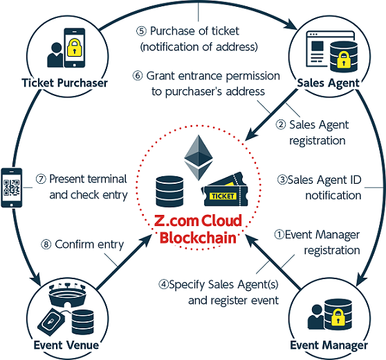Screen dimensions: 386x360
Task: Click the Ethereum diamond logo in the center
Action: (x=199, y=158)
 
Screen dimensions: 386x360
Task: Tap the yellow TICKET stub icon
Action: (x=224, y=189)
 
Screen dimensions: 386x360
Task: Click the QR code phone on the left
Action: (x=12, y=188)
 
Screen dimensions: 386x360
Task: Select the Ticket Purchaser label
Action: (x=64, y=83)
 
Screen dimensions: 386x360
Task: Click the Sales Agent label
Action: (x=328, y=83)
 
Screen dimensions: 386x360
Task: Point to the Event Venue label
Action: (x=66, y=345)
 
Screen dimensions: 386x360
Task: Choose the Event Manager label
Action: (x=329, y=345)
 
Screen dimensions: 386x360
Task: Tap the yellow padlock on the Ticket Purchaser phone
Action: (x=74, y=47)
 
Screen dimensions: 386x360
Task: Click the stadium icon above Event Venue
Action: (x=68, y=295)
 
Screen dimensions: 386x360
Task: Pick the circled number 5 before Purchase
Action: (x=141, y=31)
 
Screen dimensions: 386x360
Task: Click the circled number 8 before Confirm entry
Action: (x=46, y=245)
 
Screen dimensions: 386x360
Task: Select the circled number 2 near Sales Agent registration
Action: (x=281, y=124)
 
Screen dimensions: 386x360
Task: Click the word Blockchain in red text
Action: (x=198, y=238)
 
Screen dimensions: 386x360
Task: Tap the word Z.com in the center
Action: (x=176, y=220)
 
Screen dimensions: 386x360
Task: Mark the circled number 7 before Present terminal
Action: (x=41, y=179)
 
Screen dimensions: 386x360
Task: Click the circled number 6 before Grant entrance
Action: (x=138, y=76)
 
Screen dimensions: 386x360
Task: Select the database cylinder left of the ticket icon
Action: (x=169, y=191)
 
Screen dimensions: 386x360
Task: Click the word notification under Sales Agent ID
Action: (x=333, y=196)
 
